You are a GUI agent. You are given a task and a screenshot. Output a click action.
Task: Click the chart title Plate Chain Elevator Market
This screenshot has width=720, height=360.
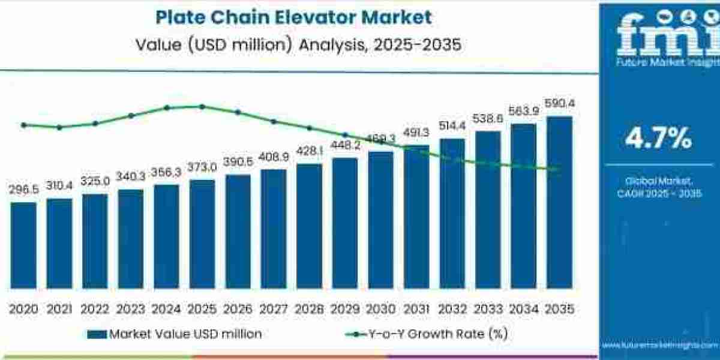293,17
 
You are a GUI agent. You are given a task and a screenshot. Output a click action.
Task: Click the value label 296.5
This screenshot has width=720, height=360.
23,190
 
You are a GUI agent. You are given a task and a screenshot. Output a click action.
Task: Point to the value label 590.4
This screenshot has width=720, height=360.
559,104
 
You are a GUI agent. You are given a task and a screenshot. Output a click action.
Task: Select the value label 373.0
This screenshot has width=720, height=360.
202,167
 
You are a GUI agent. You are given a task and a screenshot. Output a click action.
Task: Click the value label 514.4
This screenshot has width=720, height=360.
452,127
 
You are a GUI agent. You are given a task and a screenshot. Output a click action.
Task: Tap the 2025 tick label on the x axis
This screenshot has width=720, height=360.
202,309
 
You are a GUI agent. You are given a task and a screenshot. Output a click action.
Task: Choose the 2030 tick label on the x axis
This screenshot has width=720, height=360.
380,309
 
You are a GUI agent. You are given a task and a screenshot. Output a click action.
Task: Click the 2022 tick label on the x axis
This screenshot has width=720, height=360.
95,309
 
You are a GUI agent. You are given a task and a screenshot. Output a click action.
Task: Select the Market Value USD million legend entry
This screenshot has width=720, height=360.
175,334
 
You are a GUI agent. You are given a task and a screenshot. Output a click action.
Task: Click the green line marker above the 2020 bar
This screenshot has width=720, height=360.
23,125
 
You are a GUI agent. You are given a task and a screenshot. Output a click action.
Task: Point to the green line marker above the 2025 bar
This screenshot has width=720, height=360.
202,107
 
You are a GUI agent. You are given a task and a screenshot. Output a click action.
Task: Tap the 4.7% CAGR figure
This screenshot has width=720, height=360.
658,139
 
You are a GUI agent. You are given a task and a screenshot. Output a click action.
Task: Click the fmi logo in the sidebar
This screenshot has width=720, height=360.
659,36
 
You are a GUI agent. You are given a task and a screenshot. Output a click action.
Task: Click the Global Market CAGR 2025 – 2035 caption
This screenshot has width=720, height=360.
659,187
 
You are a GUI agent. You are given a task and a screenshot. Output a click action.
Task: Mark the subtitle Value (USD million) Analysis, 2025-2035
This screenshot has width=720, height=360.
293,45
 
